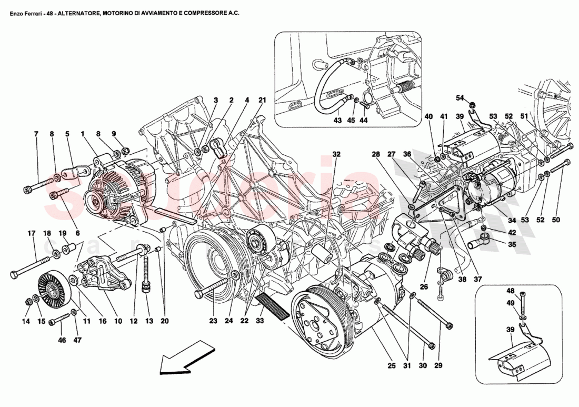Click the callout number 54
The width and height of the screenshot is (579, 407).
click(x=460, y=98)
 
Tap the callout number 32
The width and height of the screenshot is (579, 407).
click(x=336, y=154)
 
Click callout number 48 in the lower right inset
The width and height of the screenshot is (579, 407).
click(x=510, y=291)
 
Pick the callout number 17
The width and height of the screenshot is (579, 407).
click(x=31, y=233)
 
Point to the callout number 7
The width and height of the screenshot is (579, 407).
click(x=36, y=134)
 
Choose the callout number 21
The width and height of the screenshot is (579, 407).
click(x=262, y=100)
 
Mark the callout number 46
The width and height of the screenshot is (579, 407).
click(x=62, y=341)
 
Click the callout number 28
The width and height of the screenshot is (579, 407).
click(x=376, y=154)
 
